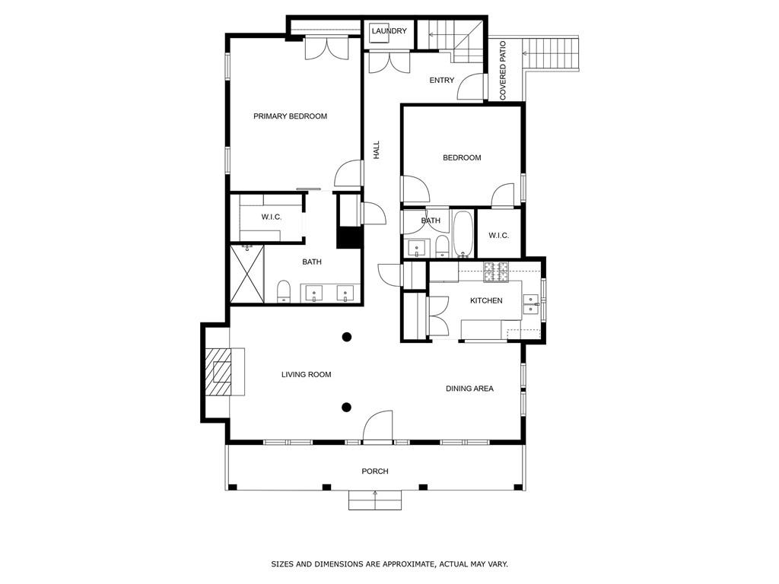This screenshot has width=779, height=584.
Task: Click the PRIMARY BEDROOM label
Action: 290,116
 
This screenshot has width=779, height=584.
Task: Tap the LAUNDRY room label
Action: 389,31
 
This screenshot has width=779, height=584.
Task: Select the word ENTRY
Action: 441,81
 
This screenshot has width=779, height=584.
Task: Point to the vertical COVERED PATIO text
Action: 503,71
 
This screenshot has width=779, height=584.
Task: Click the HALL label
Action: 377,150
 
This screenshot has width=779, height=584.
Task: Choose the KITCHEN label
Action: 485,301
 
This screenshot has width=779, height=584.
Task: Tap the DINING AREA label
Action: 469,389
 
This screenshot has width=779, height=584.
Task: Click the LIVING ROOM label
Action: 306,374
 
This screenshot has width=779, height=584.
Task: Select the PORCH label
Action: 374,471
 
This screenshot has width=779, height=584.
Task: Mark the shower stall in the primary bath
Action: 247,275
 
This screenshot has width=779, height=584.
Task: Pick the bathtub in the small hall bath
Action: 463,234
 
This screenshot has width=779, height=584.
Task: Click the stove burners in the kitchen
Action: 495,271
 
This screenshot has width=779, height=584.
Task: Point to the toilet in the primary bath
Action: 284,290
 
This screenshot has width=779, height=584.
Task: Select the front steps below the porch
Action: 374,500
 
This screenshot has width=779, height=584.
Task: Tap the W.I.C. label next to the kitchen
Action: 498,236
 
